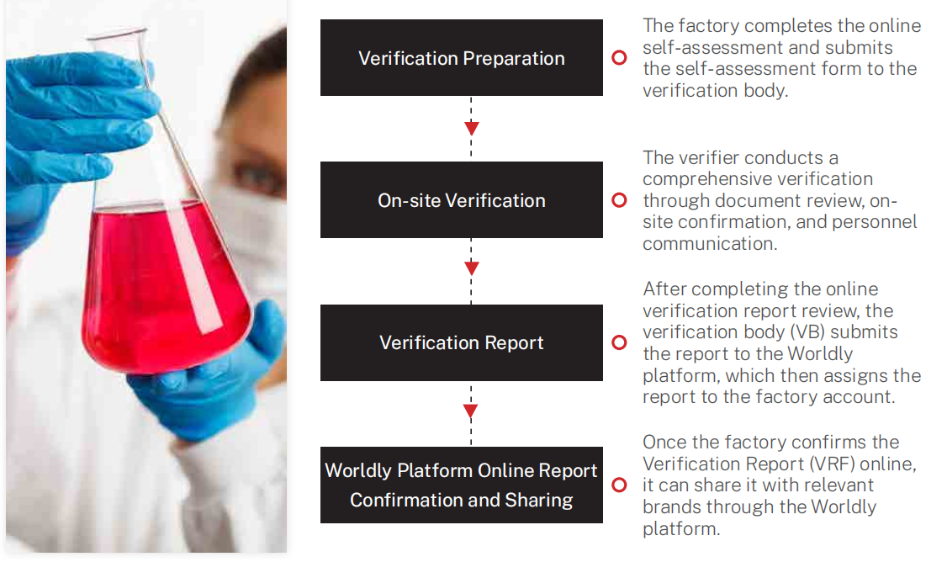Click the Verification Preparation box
[462, 57]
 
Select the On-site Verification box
[462, 199]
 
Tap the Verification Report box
[462, 342]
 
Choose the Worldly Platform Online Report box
[462, 485]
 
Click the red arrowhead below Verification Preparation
[472, 128]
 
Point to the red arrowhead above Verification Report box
[472, 268]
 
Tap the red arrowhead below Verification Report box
[471, 411]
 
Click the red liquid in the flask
[163, 284]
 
